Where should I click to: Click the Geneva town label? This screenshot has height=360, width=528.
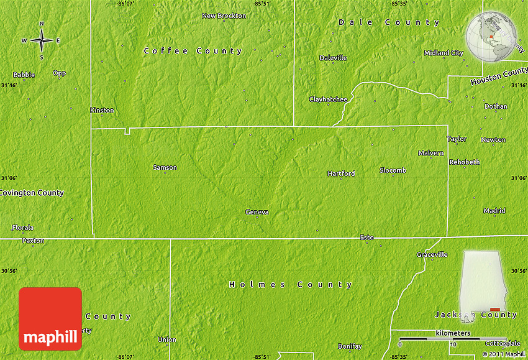[x=257, y=212]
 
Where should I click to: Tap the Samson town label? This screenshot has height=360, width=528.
[x=165, y=167]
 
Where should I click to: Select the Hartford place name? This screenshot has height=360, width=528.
[x=341, y=173]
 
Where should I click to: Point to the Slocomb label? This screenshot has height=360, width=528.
[x=393, y=170]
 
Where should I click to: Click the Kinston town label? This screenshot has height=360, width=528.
[x=102, y=110]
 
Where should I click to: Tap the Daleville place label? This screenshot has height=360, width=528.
[x=333, y=58]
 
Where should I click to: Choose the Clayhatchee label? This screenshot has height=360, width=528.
[x=328, y=99]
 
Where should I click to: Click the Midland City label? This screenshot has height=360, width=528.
[x=444, y=53]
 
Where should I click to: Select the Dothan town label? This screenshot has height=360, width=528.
[x=496, y=106]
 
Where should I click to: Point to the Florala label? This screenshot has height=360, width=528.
[x=23, y=228]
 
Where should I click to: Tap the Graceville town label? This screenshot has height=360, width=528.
[x=432, y=254]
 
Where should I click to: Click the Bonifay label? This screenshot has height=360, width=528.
[x=350, y=346]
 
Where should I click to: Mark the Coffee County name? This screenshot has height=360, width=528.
[x=193, y=51]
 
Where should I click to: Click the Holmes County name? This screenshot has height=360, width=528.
[x=291, y=284]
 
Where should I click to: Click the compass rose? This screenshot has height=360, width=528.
[x=42, y=40]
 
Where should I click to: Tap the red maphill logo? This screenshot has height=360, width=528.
[x=50, y=318]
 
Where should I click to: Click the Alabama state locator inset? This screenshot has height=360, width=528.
[x=483, y=286]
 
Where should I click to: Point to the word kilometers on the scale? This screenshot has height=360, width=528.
[x=453, y=333]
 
